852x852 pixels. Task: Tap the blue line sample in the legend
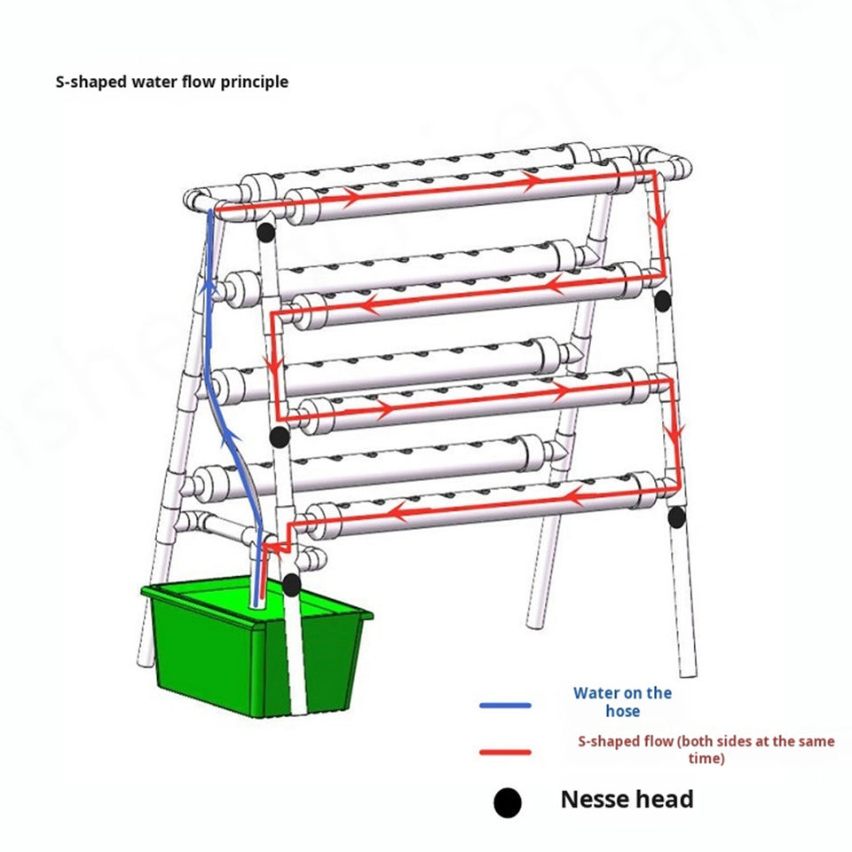[x=505, y=706]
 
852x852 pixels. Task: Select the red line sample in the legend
[x=505, y=753]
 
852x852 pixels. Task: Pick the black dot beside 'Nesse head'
[x=507, y=803]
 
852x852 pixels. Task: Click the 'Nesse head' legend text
[x=627, y=799]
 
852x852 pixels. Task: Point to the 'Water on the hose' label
[x=622, y=701]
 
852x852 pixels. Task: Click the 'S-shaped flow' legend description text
[x=706, y=749]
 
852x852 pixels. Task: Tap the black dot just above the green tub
[x=291, y=584]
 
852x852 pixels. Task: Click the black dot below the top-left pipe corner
[x=264, y=233]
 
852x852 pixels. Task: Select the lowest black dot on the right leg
[x=677, y=517]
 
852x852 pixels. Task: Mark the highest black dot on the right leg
[x=661, y=300]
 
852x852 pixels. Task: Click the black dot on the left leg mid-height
[x=279, y=436]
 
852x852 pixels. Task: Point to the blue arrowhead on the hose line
[x=209, y=286]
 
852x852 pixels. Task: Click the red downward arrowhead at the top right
[x=659, y=219]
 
